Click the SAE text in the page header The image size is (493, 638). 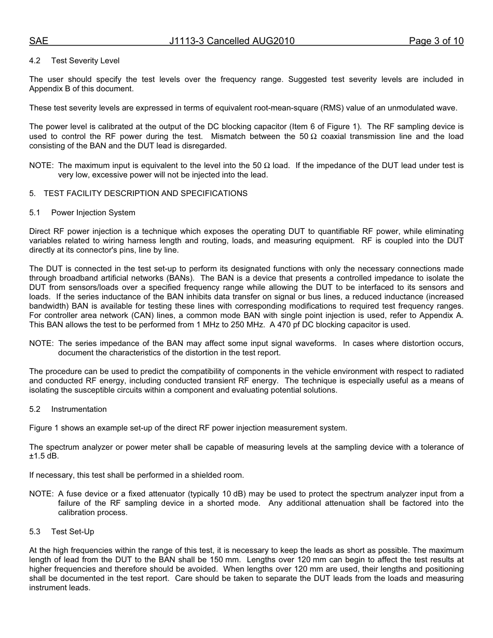(38, 41)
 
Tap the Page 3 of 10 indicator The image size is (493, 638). (436, 41)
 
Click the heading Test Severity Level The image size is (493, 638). (85, 61)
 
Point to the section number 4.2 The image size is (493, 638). (35, 61)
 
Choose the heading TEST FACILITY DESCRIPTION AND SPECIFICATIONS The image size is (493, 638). (145, 193)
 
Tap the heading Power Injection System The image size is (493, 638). (93, 213)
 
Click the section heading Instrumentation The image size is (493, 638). (79, 409)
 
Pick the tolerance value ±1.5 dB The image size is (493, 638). (44, 456)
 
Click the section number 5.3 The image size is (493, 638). (35, 532)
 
